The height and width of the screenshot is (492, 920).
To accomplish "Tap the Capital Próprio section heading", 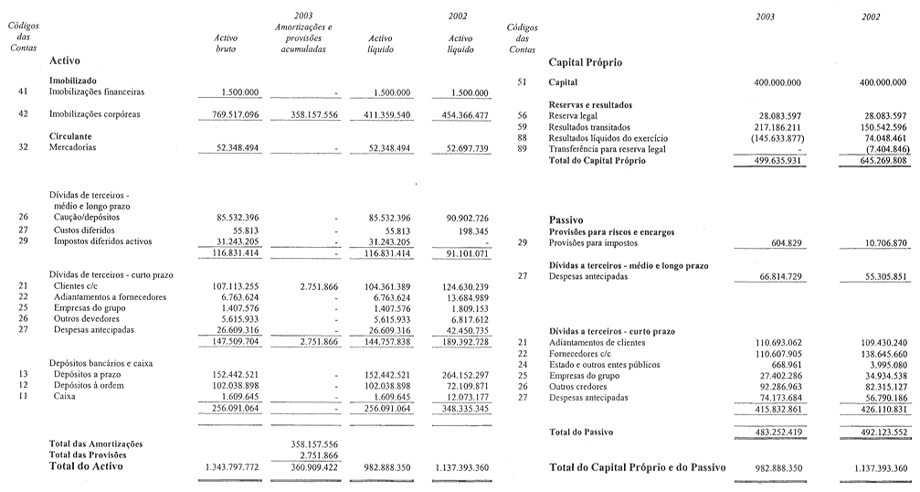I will tap(585, 62).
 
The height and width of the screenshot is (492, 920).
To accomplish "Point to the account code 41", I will tap(22, 92).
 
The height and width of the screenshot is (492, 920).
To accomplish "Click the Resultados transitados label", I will tap(593, 127).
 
